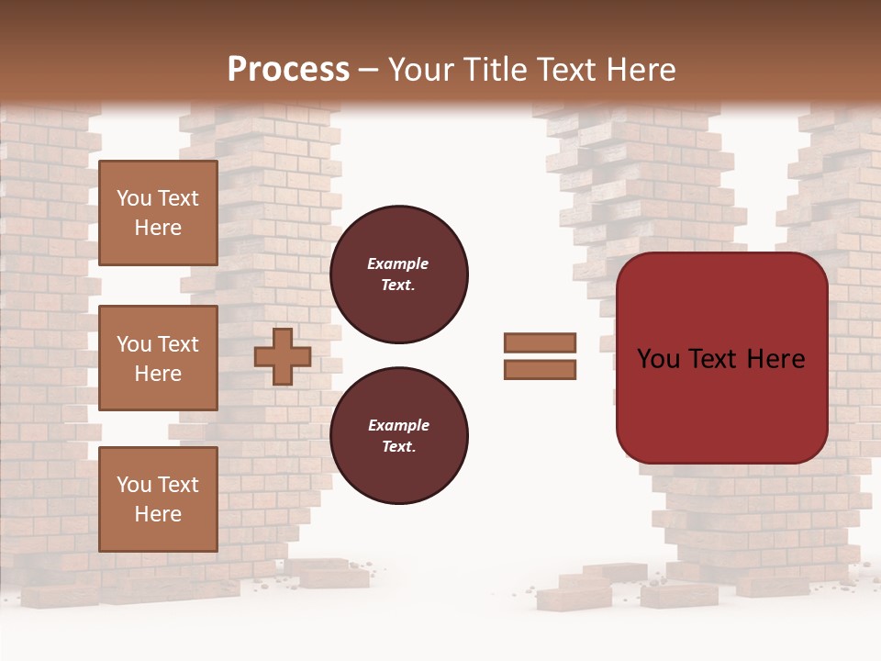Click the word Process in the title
click(x=288, y=70)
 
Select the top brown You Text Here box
click(x=158, y=213)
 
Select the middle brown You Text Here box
click(x=158, y=358)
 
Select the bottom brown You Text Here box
click(x=158, y=499)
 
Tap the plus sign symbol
click(x=282, y=356)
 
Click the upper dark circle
click(x=398, y=274)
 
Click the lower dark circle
click(x=398, y=436)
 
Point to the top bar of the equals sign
click(x=540, y=342)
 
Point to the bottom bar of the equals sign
click(x=540, y=369)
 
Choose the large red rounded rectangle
click(x=721, y=358)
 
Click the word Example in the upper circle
click(x=398, y=263)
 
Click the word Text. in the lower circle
click(x=398, y=447)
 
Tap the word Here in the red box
click(x=775, y=359)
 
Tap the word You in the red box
click(x=659, y=359)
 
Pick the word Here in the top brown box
click(x=158, y=228)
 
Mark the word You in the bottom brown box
click(x=134, y=485)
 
